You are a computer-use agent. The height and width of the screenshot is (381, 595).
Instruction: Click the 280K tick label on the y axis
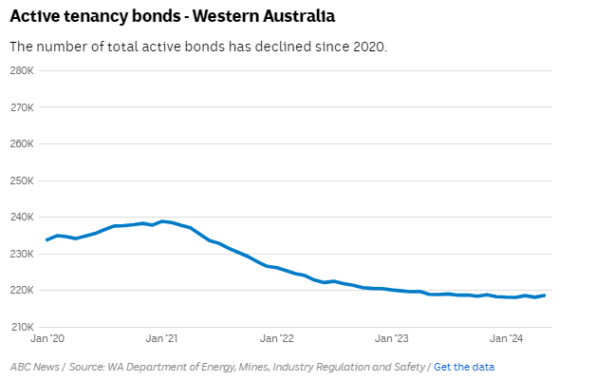pos(23,70)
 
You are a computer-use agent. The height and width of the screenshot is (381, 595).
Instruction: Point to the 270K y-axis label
pos(23,107)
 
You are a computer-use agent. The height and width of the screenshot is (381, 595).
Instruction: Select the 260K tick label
pos(23,143)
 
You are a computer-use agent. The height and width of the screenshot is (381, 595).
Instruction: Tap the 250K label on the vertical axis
pos(23,181)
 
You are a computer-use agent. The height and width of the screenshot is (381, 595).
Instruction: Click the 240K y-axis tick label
pos(23,217)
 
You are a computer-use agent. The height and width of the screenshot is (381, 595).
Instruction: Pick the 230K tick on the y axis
pos(23,254)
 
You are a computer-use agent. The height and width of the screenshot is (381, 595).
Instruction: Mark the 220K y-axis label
pos(23,290)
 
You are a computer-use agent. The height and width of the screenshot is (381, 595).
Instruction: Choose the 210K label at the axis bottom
pos(23,327)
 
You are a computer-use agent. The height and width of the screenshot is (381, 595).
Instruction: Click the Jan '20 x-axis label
pos(47,338)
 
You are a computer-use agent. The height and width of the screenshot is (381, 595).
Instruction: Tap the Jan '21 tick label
pos(162,338)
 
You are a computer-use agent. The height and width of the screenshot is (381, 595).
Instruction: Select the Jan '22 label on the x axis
pos(277,338)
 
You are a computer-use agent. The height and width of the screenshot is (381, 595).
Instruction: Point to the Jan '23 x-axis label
pos(392,338)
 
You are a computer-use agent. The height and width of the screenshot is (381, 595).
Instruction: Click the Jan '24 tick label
pos(507,338)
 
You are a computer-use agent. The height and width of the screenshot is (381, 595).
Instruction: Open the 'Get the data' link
pos(464,367)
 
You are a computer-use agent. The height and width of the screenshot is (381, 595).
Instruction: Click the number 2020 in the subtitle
pos(368,47)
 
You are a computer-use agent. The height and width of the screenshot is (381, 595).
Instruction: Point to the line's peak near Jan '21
pos(162,221)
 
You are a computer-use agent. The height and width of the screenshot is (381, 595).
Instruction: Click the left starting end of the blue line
pos(47,239)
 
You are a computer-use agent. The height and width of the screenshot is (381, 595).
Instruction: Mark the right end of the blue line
pos(544,295)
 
